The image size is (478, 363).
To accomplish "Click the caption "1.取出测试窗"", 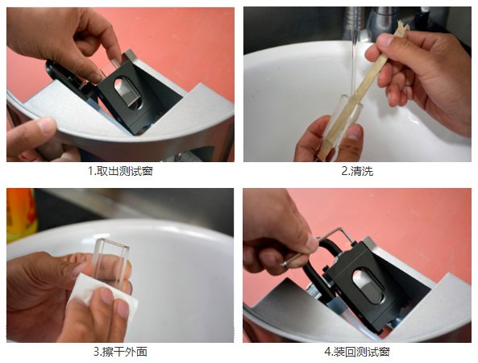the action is point(120,171).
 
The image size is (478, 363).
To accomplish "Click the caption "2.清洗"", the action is point(357,171).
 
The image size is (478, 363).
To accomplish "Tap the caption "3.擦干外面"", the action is point(120,352).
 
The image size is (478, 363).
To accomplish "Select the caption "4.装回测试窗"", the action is point(357,352).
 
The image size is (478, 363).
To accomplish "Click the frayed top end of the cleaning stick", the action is point(402,27).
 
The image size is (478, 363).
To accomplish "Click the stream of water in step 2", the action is point(354,58).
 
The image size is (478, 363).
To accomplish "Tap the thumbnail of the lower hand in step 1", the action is point(46,125).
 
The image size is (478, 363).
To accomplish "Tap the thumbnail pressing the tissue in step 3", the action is point(106,296).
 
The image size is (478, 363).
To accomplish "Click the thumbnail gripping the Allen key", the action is point(312,244).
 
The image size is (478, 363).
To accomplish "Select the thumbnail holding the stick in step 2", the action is point(384,40).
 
